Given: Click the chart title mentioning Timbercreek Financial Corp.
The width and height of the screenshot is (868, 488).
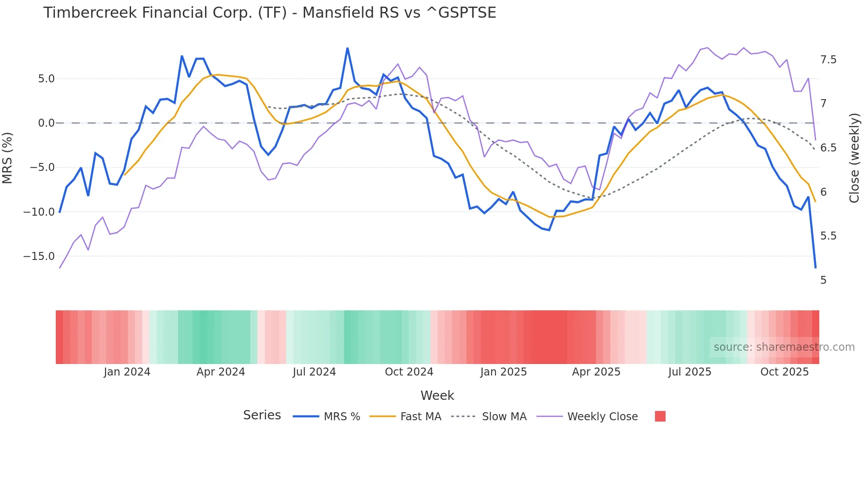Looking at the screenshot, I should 269,13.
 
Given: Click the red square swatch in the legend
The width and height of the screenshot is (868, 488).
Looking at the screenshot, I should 660,416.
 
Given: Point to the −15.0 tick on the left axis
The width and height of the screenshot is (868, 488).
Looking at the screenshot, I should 39,256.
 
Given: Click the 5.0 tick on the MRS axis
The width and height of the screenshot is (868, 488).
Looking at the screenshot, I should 46,79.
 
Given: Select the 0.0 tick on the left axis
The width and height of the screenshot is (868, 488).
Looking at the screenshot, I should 46,123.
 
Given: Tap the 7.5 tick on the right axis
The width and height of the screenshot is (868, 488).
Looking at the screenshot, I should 828,60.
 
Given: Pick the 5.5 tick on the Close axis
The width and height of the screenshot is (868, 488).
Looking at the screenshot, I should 828,236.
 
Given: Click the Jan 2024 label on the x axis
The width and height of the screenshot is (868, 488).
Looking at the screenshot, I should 127,372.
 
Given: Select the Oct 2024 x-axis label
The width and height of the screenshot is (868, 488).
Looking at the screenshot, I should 409,372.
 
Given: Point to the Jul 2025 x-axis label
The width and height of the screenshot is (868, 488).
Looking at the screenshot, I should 690,372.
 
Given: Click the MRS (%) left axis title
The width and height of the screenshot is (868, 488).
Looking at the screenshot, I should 8,158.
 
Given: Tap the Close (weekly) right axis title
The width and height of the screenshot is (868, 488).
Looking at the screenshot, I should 854,158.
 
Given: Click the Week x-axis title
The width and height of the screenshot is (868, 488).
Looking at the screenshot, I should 437,395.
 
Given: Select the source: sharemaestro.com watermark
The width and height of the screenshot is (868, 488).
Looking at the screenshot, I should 784,347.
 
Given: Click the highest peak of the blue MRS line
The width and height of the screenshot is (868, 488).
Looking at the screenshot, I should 348,48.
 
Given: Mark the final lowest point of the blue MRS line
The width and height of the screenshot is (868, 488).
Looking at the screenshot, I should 815,267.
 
